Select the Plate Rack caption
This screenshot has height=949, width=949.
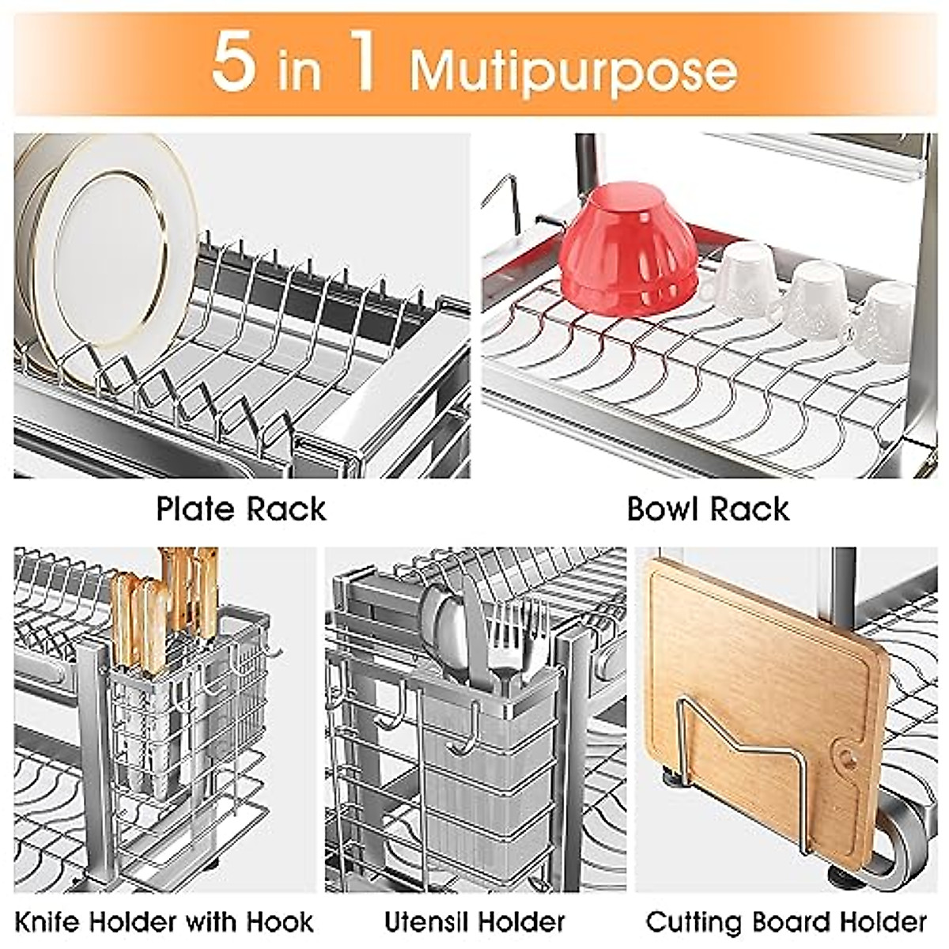241,509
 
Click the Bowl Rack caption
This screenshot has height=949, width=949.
708,509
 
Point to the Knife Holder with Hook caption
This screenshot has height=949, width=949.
164,922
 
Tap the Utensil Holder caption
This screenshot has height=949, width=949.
475,922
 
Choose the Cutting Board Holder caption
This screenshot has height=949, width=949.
786,922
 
